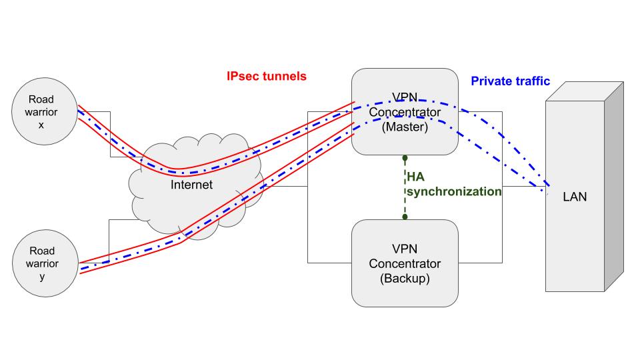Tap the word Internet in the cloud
click(191, 185)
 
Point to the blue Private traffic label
click(510, 81)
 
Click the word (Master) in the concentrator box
click(405, 127)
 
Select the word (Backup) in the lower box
click(405, 279)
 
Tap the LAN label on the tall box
click(575, 197)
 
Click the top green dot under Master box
click(405, 158)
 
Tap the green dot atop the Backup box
click(405, 217)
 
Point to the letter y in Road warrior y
click(42, 277)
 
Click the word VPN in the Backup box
click(405, 249)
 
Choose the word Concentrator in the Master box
click(405, 112)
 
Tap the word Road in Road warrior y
click(42, 251)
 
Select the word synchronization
click(454, 192)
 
